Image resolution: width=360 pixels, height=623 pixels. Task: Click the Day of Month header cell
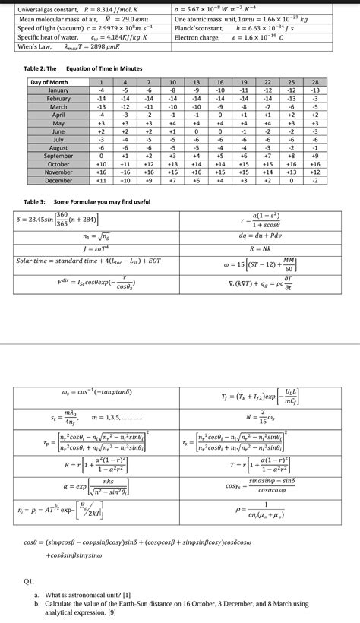[49, 82]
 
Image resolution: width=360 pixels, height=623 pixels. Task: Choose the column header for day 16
[219, 82]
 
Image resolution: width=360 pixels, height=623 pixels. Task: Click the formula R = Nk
[261, 248]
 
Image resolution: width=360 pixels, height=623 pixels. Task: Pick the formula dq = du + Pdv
[261, 236]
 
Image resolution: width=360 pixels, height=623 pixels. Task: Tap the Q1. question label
[29, 579]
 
